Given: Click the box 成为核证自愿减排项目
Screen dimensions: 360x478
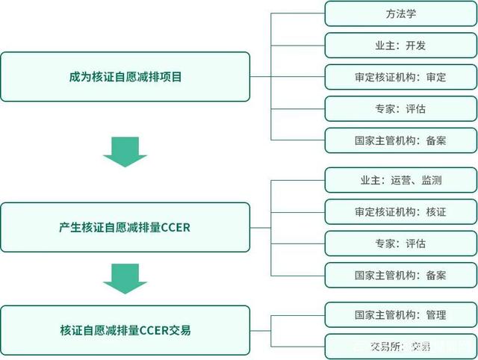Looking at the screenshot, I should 125,76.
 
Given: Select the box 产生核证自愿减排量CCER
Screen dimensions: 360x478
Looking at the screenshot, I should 125,227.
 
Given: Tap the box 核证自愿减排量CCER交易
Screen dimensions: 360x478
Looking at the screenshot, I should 125,329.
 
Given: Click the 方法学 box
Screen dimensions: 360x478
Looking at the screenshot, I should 400,13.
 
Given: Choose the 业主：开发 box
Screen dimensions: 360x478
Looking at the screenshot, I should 400,46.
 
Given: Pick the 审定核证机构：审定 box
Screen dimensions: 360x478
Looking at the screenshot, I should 400,77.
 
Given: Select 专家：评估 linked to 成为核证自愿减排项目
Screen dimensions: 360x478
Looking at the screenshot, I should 400,108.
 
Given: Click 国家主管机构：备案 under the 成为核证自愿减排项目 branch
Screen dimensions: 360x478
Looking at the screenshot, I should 400,140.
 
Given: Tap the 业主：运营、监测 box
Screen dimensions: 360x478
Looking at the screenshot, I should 400,180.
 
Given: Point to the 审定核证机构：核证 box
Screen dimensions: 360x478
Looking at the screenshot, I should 400,212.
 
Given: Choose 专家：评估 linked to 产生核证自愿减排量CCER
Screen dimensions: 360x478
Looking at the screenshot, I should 400,243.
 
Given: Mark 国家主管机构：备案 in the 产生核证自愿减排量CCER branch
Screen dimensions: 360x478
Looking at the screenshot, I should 400,275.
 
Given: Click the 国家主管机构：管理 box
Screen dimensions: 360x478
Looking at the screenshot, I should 400,314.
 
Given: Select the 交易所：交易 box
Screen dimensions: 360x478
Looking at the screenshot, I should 400,346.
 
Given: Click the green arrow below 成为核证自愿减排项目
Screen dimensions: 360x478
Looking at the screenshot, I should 125,151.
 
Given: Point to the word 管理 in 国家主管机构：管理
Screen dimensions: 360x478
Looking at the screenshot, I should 435,314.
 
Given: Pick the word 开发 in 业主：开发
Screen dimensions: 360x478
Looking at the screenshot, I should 416,46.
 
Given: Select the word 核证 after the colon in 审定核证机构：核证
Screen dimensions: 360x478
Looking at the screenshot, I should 435,212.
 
